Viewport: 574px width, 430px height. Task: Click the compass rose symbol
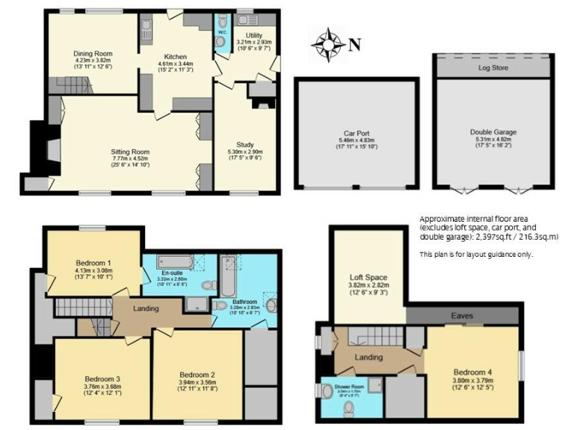(329, 44)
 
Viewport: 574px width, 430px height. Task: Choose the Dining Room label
(92, 54)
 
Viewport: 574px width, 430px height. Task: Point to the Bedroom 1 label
(94, 263)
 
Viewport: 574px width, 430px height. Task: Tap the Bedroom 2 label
(197, 375)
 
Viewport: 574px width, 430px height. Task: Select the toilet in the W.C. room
(220, 43)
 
